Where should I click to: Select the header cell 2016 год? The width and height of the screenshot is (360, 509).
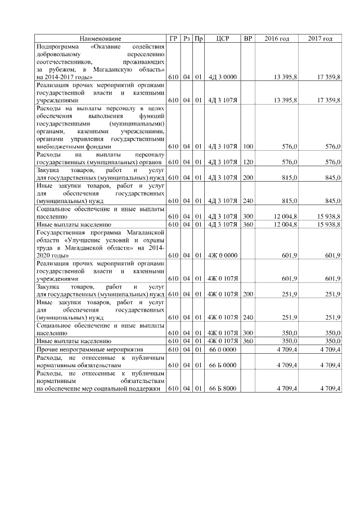(x=277, y=38)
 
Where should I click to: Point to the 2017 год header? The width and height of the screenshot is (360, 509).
(x=320, y=38)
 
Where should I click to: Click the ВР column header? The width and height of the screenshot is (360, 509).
(x=247, y=38)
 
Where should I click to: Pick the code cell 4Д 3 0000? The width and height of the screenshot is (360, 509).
(x=223, y=76)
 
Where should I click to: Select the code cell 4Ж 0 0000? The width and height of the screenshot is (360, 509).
(x=223, y=255)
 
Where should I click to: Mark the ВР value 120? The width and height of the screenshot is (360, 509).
(x=247, y=162)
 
